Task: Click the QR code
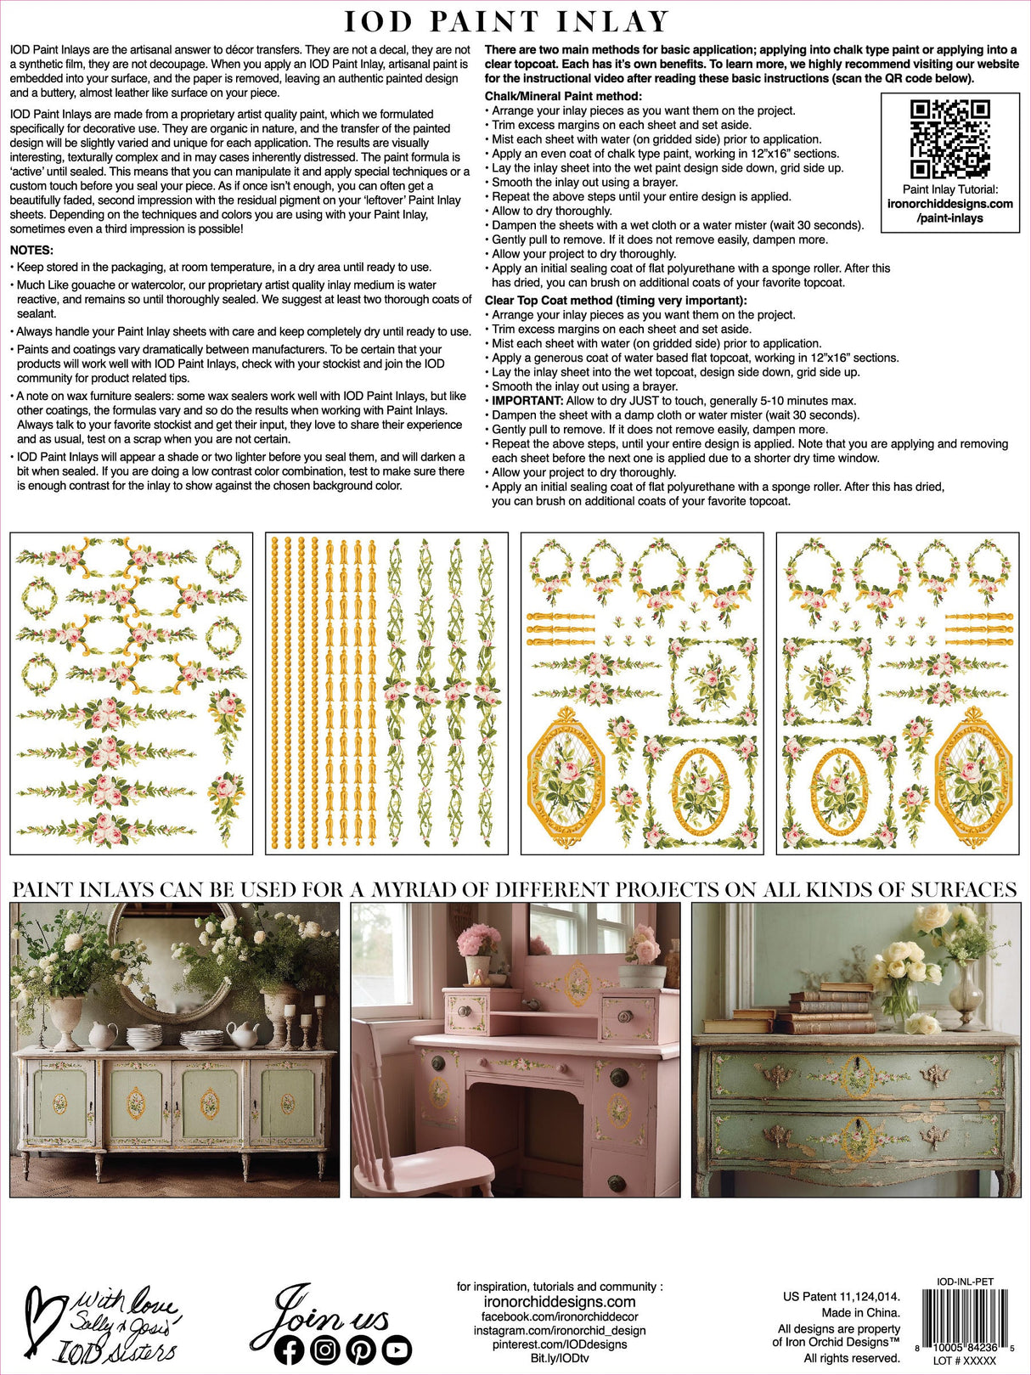click(949, 138)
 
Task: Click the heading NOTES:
click(31, 251)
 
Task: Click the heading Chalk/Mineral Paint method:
click(563, 96)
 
